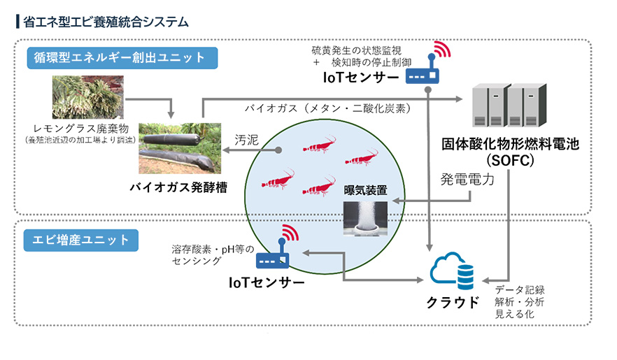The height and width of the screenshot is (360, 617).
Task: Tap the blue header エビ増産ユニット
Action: click(81, 240)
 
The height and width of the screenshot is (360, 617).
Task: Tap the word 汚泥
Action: click(246, 140)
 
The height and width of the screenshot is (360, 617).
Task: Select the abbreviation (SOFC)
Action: click(508, 160)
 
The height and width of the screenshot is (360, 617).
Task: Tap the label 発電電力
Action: click(467, 180)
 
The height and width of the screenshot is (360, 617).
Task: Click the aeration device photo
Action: click(365, 217)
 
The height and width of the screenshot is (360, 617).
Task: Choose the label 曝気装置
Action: click(365, 190)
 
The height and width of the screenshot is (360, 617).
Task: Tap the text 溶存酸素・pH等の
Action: click(206, 248)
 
